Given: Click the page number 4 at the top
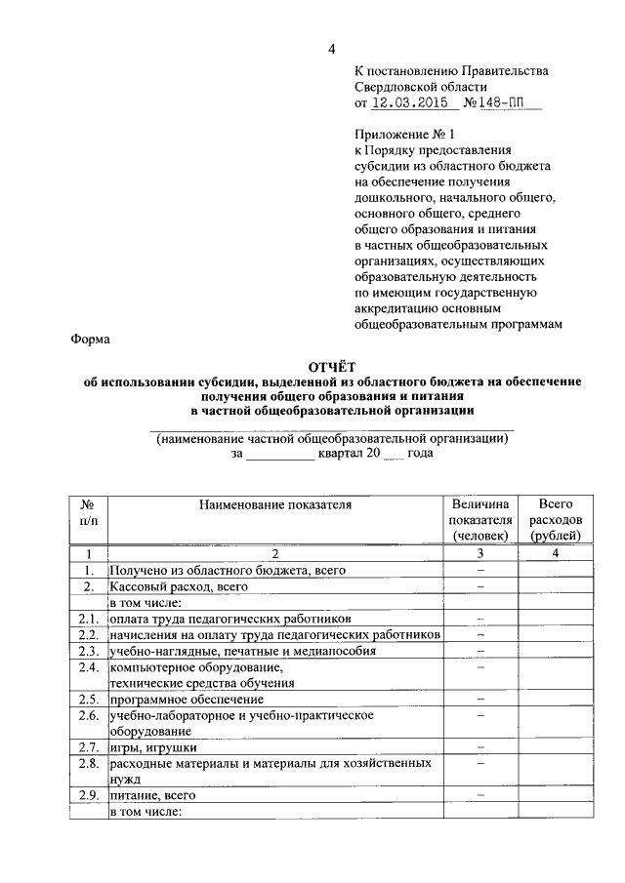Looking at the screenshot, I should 331,50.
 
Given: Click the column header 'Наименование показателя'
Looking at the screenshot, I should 274,504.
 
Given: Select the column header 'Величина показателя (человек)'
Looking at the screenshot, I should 480,519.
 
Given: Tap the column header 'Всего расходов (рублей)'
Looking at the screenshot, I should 555,519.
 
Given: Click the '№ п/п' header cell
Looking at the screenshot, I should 88,512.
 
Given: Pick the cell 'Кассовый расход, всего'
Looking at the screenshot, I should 179,586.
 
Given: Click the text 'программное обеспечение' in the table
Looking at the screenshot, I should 187,700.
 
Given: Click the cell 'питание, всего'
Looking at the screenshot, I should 154,796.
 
